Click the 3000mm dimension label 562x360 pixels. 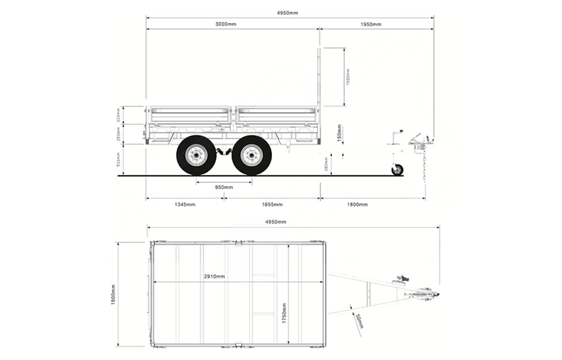(x=226, y=24)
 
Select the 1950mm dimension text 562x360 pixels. (x=371, y=24)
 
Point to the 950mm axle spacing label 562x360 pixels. (x=224, y=187)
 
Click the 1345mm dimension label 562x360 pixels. (x=185, y=204)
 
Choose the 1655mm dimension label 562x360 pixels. (x=272, y=204)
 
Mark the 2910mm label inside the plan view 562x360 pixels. (x=214, y=277)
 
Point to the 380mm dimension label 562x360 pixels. (x=326, y=165)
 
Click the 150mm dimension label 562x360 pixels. (x=341, y=133)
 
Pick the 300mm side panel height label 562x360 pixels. (x=118, y=116)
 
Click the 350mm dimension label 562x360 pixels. (x=118, y=134)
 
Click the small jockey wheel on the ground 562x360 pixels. (x=397, y=170)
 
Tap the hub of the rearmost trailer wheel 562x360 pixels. (x=196, y=155)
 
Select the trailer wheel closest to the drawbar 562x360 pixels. (x=252, y=155)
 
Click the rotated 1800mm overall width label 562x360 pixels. (x=113, y=294)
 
